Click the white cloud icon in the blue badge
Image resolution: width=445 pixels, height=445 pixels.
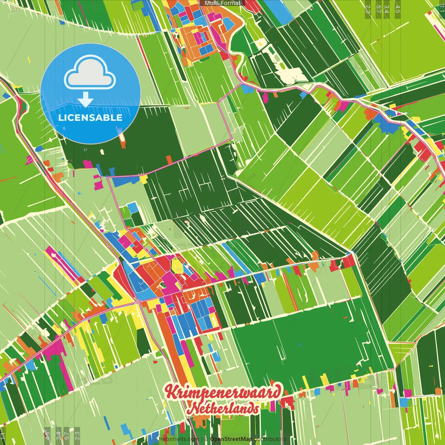click(x=90, y=74)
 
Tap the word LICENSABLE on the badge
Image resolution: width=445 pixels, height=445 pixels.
click(x=90, y=118)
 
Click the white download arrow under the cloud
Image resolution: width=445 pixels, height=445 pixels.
click(x=86, y=100)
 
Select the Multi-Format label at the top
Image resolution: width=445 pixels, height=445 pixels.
click(x=222, y=3)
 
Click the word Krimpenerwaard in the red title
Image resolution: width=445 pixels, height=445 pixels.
click(x=223, y=392)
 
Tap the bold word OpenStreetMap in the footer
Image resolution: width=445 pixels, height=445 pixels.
click(x=231, y=439)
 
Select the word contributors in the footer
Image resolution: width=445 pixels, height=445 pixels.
click(x=270, y=439)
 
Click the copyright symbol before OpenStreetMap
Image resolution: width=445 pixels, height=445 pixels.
click(x=206, y=439)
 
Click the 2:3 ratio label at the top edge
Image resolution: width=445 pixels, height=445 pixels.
click(x=368, y=9)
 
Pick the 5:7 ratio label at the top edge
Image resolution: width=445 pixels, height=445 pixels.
click(x=379, y=9)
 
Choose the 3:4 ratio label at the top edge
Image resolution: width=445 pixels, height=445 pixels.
click(x=387, y=9)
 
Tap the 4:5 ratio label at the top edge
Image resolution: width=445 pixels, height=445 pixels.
click(x=398, y=9)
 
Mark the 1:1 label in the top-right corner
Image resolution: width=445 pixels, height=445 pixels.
click(x=442, y=8)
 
